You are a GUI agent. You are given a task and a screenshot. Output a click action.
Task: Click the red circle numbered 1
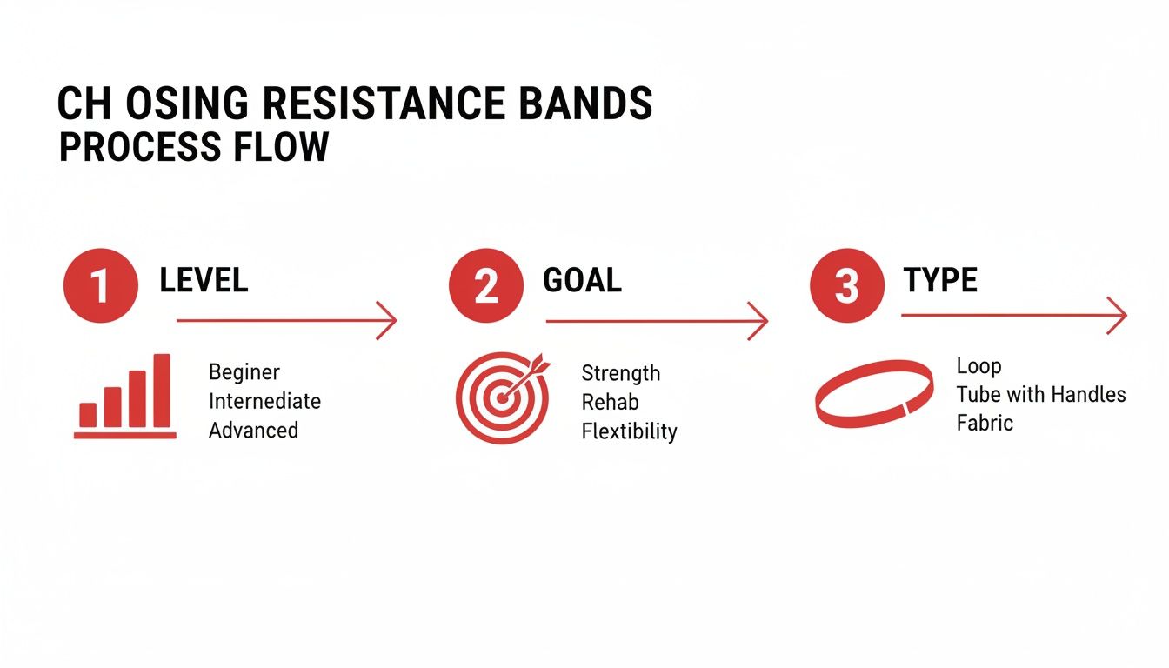(101, 285)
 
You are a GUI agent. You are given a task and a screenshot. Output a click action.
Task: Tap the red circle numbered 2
(486, 285)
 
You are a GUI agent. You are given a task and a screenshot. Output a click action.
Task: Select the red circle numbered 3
(847, 285)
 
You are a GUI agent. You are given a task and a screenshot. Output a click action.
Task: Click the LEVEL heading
(204, 280)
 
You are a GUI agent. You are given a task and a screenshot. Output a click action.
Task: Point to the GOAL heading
(582, 280)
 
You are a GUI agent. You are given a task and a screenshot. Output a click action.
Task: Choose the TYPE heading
(940, 280)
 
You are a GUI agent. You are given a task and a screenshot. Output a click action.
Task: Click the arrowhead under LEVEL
(389, 321)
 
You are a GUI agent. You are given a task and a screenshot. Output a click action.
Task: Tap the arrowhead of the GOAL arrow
(760, 322)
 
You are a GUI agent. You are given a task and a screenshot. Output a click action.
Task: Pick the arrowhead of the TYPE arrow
(1119, 315)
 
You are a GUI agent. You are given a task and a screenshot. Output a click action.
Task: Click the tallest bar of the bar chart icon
(162, 391)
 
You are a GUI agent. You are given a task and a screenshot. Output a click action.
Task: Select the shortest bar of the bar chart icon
(88, 415)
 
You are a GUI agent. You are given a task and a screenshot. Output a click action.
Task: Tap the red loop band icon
(874, 394)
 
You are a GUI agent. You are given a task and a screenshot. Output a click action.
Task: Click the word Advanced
(253, 430)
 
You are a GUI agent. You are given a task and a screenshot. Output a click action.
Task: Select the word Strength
(620, 373)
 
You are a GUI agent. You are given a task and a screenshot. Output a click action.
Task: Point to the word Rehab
(610, 402)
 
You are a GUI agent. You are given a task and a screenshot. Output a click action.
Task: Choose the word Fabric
(985, 423)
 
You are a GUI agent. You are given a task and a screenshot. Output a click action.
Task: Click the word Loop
(979, 366)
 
